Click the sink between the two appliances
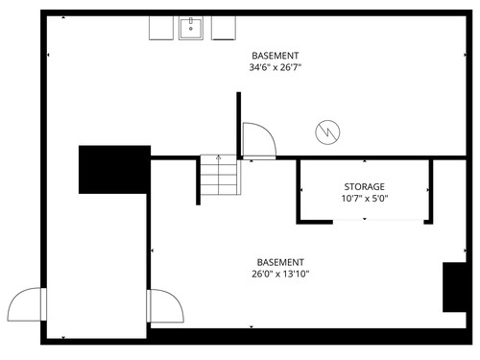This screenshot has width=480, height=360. tap(191, 28)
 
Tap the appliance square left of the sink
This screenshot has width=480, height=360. tap(161, 28)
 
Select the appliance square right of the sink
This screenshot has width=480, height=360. tap(224, 28)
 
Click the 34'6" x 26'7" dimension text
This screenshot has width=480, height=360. tap(276, 67)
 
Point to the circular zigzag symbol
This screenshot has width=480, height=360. tap(327, 132)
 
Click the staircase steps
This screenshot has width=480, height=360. tap(220, 175)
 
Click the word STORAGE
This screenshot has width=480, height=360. tap(364, 186)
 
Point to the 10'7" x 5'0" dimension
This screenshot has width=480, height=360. tap(365, 199)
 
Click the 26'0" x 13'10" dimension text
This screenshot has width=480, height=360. tap(280, 274)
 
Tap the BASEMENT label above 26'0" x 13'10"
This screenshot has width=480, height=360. tap(280, 262)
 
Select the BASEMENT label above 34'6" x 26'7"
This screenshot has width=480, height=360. tap(276, 56)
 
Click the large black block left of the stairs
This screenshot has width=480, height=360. tap(114, 170)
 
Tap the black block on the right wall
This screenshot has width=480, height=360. tap(454, 287)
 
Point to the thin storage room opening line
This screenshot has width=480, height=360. tap(378, 220)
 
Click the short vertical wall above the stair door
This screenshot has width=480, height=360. tap(238, 126)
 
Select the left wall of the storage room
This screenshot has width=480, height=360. tap(299, 191)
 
